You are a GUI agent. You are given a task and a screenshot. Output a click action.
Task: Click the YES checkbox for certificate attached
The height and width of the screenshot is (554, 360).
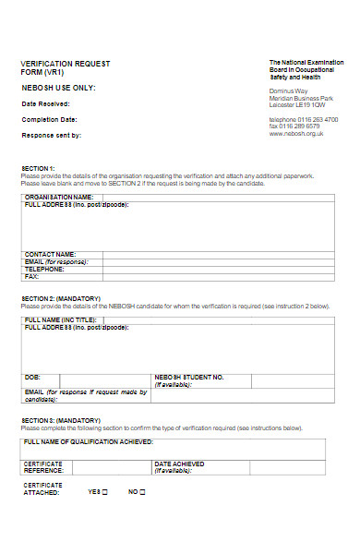[104, 492]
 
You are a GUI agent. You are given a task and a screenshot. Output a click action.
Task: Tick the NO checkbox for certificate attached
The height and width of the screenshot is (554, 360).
[144, 492]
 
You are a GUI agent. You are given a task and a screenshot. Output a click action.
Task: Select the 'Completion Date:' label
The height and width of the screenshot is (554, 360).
[46, 118]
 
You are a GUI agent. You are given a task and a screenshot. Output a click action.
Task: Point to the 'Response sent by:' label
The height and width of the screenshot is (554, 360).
[52, 135]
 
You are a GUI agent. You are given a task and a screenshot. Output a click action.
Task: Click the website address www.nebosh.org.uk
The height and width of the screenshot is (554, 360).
[295, 133]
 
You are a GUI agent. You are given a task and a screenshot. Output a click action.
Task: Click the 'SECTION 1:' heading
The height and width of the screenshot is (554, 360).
[38, 168]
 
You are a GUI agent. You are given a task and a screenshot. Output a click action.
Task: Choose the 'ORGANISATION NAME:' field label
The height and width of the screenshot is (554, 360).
[59, 197]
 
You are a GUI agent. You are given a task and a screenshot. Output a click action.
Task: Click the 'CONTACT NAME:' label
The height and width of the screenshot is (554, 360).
[50, 253]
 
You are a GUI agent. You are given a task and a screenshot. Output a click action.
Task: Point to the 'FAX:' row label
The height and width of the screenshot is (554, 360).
[31, 276]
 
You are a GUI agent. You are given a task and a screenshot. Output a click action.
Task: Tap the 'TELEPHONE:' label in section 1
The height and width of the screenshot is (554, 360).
[44, 269]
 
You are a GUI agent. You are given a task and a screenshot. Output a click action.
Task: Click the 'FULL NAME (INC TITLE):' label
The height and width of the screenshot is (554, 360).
[60, 319]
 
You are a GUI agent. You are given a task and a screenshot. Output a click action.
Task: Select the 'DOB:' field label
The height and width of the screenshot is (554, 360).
[32, 377]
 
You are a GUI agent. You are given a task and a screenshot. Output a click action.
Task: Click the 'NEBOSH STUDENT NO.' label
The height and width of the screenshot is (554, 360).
[189, 377]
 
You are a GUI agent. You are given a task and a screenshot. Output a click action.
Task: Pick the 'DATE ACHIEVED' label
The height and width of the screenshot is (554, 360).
[179, 464]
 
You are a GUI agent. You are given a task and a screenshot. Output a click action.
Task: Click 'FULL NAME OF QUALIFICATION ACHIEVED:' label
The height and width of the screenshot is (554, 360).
[89, 442]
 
